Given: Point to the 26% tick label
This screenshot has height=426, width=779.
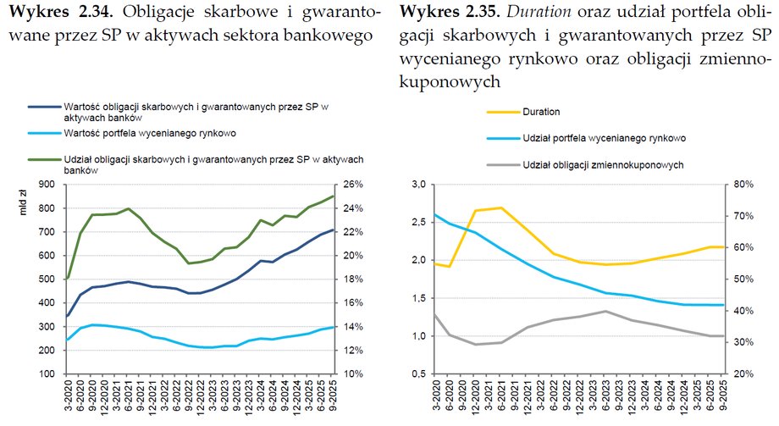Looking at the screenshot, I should tap(353, 185).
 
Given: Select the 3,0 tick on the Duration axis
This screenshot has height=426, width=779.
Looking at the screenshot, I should tap(417, 185).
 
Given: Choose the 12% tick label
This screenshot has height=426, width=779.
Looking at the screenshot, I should tap(353, 351).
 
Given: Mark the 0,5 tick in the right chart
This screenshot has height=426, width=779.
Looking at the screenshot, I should tap(417, 374).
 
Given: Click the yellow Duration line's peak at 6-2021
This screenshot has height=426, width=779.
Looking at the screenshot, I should tap(502, 207).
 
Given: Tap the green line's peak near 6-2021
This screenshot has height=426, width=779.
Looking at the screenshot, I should tap(128, 208).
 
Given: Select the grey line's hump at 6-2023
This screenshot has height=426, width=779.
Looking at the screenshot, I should tap(605, 311).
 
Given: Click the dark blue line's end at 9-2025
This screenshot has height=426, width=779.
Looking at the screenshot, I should tap(334, 230).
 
